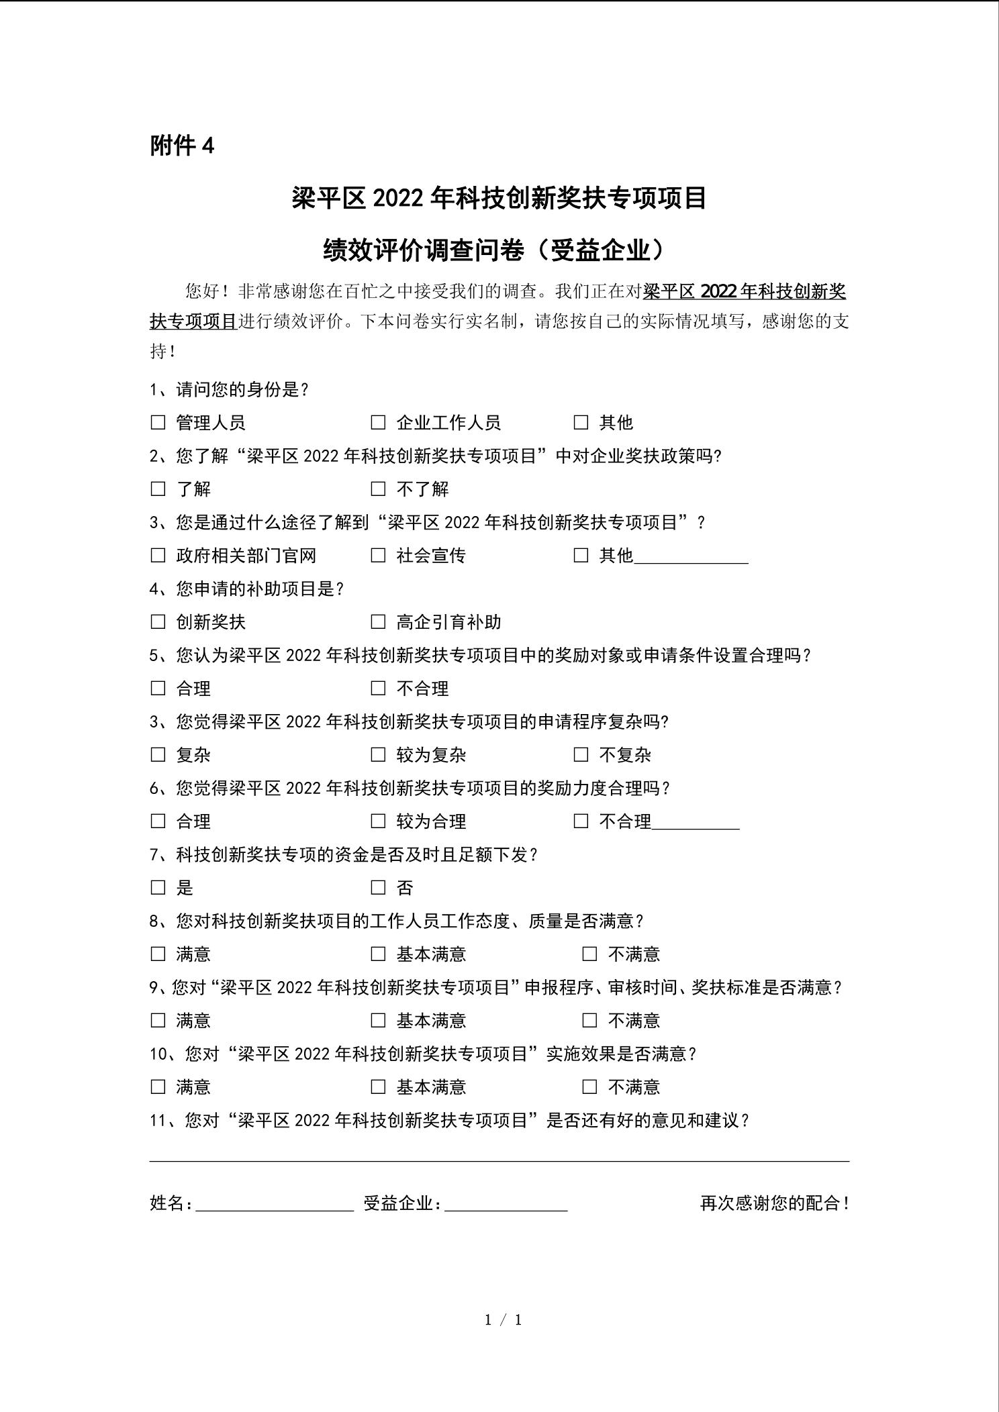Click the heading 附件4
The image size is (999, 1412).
[182, 146]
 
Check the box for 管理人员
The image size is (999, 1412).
[158, 422]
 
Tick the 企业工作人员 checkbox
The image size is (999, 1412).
[378, 422]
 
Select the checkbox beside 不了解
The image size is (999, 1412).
[378, 489]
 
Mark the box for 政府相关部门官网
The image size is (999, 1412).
[158, 555]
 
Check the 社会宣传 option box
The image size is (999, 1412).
[378, 555]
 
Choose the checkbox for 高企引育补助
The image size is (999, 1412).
[378, 621]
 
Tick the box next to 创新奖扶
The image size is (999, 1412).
[158, 621]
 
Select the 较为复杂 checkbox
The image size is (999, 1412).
[378, 755]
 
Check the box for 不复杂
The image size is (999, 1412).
[581, 755]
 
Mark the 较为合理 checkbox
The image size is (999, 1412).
[378, 821]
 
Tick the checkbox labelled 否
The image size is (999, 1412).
[378, 888]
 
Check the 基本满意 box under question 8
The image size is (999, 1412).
[378, 954]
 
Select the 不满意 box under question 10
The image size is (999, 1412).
[589, 1087]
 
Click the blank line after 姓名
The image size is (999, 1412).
[274, 1206]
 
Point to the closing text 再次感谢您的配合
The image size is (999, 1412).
[774, 1203]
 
